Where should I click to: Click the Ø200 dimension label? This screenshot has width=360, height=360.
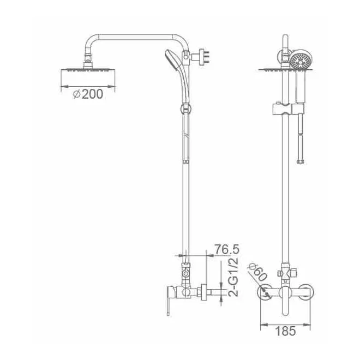coord(88,94)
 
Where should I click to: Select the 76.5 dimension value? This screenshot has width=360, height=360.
coord(226,249)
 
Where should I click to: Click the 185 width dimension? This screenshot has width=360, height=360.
coord(285,331)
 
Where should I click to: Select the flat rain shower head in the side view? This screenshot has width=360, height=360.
coord(88,70)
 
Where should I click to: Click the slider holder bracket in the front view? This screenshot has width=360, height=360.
coord(289,109)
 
